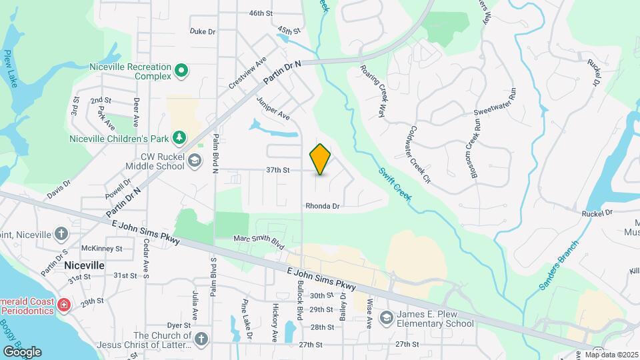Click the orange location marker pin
[x=320, y=159]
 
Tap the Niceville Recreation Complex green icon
[x=181, y=70]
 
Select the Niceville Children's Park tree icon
[x=179, y=138]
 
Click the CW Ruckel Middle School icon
[x=194, y=161]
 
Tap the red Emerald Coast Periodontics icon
[x=64, y=305]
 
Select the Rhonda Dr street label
[x=323, y=207]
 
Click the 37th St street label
[x=277, y=170]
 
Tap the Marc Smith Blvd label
[x=254, y=238]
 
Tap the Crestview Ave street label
[x=247, y=73]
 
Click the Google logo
[x=22, y=351]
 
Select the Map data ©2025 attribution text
[x=612, y=355]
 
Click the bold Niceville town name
[x=84, y=265]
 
